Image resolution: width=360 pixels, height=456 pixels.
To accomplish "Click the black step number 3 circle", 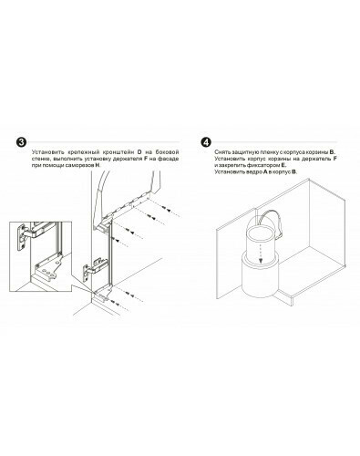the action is pyautogui.click(x=21, y=142).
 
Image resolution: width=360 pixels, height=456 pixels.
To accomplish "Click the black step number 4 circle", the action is pyautogui.click(x=206, y=142).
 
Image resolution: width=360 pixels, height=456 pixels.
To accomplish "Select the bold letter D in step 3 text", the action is pyautogui.click(x=139, y=151).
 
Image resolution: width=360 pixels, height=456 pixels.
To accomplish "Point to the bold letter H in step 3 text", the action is pyautogui.click(x=98, y=165).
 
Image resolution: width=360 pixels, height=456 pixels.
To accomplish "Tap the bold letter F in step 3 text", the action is pyautogui.click(x=145, y=159).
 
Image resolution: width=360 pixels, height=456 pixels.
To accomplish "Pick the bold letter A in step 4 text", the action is pyautogui.click(x=265, y=172).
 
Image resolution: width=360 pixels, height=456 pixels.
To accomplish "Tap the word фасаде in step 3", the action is pyautogui.click(x=170, y=159).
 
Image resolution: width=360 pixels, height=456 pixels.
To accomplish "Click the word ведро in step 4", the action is pyautogui.click(x=254, y=172).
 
